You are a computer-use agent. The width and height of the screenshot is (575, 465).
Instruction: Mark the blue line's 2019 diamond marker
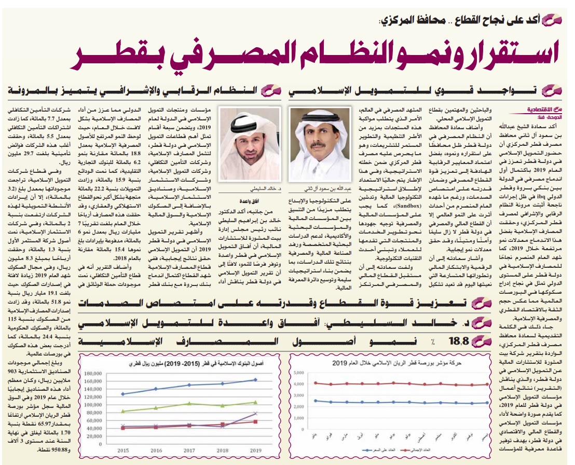point(255,380)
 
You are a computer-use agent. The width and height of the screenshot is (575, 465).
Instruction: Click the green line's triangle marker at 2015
point(122,411)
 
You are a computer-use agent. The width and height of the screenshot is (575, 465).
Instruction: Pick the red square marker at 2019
point(255,421)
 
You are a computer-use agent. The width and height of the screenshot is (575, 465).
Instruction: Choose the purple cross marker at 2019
point(255,414)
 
